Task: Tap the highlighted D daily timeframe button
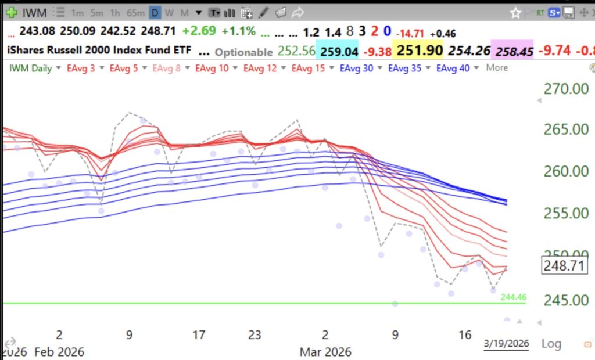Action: (x=155, y=12)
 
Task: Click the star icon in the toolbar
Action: (x=515, y=12)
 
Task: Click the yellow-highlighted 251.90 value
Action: (x=419, y=51)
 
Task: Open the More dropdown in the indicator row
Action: (x=497, y=68)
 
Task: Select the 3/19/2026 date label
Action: (x=507, y=344)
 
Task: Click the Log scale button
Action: (x=551, y=344)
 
